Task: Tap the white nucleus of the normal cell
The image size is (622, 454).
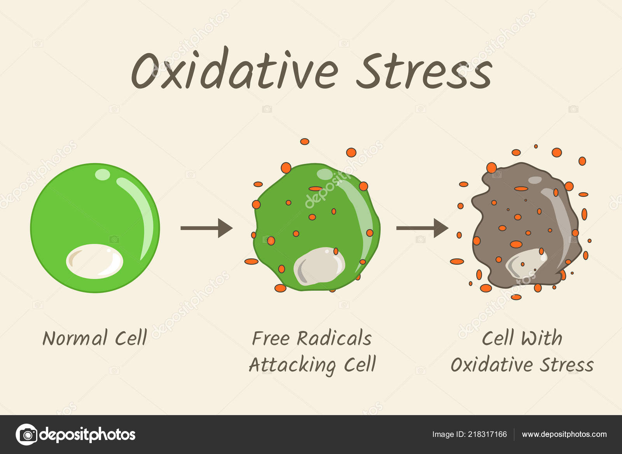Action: pos(94,261)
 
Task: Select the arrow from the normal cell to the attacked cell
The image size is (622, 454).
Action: pos(206,228)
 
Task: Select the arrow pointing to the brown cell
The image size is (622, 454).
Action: pos(422,228)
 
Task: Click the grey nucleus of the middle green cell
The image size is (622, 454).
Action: pos(319,266)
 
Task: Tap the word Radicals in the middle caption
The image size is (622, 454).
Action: pos(334,338)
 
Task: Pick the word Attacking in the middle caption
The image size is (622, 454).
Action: pos(292,365)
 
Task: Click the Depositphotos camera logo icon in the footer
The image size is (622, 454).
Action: pos(26,434)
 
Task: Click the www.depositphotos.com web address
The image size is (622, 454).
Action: pos(564,434)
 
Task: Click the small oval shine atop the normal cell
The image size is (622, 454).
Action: pos(102,175)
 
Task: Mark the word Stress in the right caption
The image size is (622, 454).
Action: pos(567,365)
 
